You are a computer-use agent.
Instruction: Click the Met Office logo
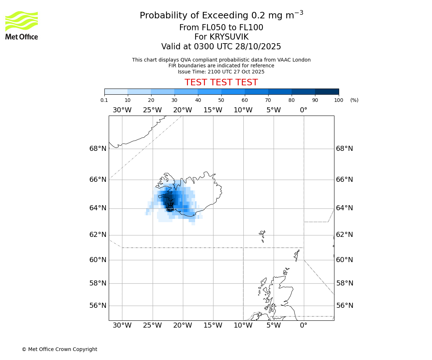[22, 25]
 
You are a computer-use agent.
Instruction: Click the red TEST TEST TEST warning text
[221, 82]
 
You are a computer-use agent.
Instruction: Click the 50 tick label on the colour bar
[221, 100]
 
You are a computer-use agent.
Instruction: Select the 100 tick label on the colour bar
[338, 100]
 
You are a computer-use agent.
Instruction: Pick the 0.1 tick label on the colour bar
[104, 100]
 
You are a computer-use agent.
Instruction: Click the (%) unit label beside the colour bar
[354, 100]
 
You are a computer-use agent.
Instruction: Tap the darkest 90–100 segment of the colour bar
[327, 91]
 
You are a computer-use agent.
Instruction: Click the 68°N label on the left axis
[98, 148]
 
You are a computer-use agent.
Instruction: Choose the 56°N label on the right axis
[344, 306]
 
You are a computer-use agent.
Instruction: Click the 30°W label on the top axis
[122, 110]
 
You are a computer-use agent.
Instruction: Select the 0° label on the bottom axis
[303, 325]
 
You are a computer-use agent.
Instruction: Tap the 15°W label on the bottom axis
[213, 325]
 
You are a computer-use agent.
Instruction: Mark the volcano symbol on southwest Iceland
[170, 206]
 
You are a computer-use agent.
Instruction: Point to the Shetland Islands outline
[297, 255]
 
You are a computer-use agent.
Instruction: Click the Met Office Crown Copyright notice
[59, 349]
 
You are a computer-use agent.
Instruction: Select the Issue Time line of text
[221, 72]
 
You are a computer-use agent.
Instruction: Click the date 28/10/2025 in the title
[258, 46]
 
